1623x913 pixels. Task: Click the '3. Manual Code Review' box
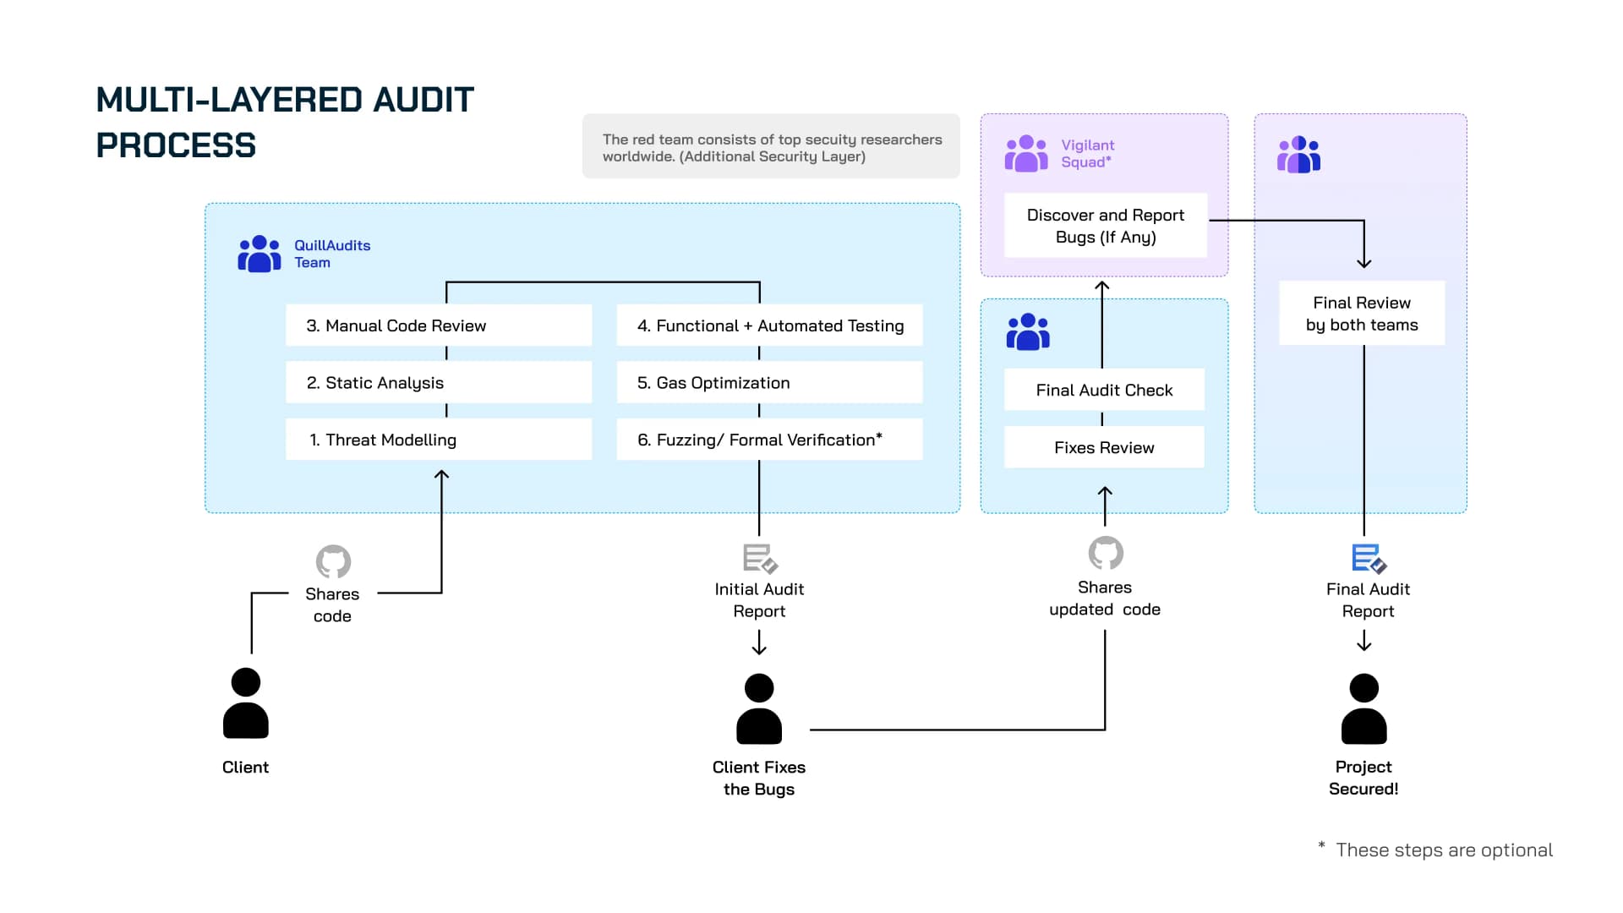438,325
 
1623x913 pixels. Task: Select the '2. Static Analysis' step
438,383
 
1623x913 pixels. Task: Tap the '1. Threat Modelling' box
438,440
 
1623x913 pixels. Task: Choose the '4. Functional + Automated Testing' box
769,325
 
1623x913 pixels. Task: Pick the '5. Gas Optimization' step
769,383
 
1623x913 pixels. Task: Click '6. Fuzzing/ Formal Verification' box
769,440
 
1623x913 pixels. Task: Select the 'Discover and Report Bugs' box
1105,226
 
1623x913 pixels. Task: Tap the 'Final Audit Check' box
1104,390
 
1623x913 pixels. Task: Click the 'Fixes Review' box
1104,447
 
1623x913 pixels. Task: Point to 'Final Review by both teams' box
1362,314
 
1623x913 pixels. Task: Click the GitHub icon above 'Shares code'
333,561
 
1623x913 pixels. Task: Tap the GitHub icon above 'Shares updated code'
1106,554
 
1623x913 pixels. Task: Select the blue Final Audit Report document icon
1368,559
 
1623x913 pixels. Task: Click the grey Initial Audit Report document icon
759,559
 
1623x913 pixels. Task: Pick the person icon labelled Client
245,703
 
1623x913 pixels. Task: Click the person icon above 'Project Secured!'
1363,708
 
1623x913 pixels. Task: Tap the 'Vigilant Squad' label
1087,154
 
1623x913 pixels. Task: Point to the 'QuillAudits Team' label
331,254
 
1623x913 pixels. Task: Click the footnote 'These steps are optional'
1444,850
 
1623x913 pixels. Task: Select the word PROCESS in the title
176,145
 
